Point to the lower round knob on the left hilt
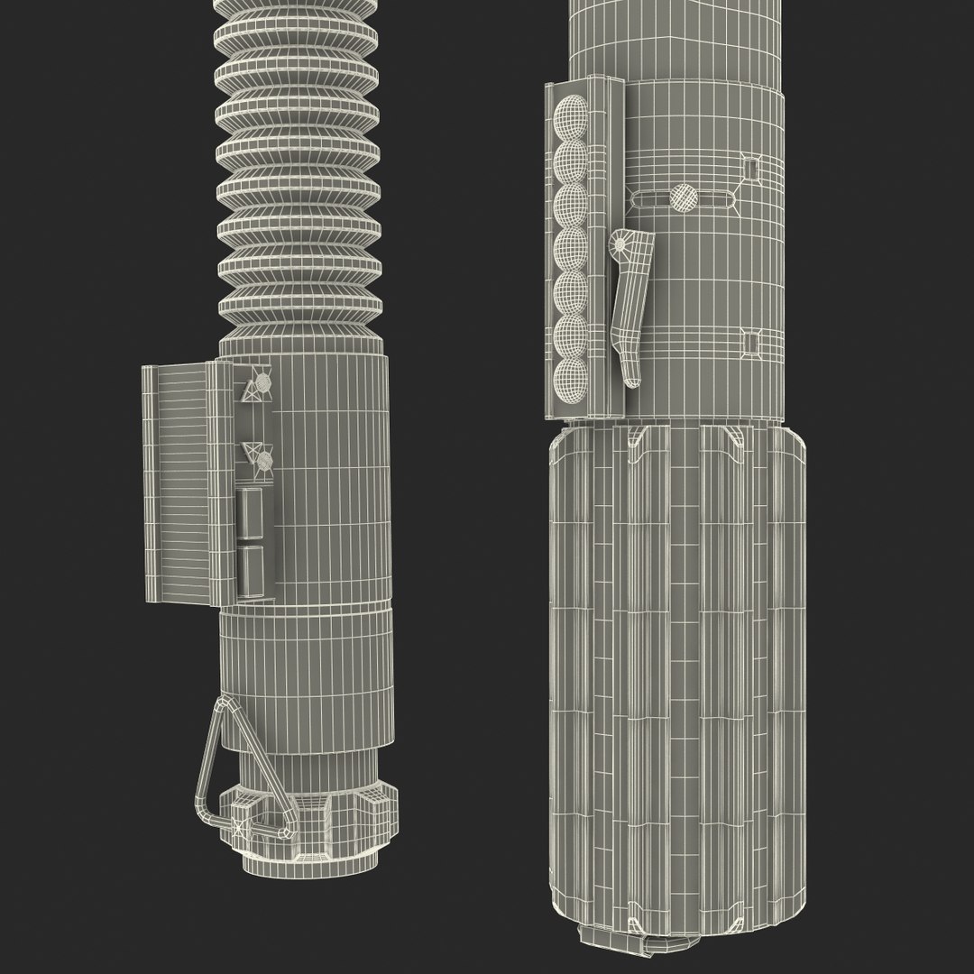(264, 462)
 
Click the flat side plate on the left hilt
(176, 482)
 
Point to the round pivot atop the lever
(622, 243)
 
